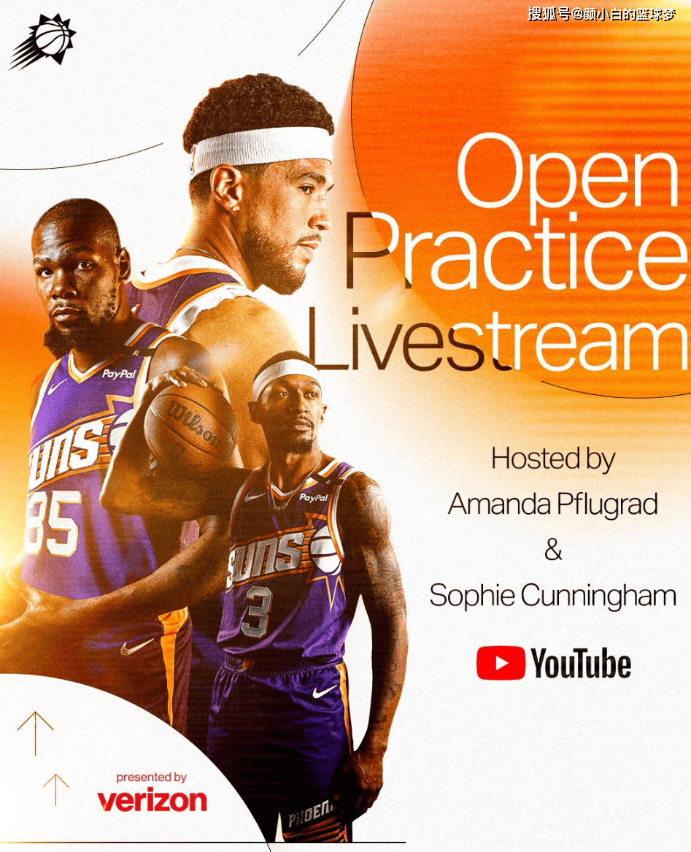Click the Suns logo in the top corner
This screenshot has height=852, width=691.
(43, 42)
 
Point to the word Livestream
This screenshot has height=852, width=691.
(497, 338)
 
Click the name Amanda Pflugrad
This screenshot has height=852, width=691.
(553, 504)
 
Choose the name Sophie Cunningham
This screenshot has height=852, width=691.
(552, 596)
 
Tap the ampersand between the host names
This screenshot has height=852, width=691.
(553, 549)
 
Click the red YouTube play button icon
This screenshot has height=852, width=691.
(501, 663)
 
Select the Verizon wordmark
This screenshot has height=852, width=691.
(152, 800)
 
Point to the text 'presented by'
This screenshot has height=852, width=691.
(151, 777)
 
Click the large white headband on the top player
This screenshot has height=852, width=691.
(261, 147)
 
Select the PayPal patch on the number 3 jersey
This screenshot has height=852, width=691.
(314, 497)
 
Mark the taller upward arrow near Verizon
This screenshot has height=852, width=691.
(35, 734)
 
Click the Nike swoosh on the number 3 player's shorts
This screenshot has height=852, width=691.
(324, 691)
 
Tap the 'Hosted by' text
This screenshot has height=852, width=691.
(553, 460)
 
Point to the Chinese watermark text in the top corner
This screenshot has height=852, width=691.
(601, 14)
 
